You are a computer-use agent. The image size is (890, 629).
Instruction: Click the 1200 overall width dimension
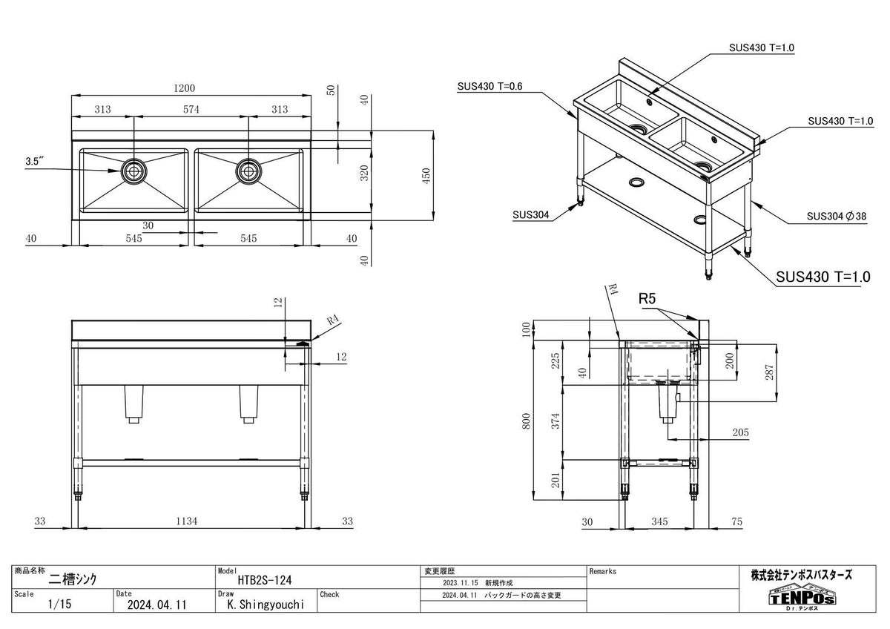tap(185, 88)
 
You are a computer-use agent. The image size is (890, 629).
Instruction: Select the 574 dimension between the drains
tap(191, 110)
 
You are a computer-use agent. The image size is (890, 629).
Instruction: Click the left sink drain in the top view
tap(133, 171)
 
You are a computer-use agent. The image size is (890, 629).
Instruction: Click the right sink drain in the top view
tap(248, 171)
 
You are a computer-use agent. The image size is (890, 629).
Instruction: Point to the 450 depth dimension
tap(426, 176)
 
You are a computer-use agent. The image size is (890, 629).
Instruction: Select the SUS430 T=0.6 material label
tap(489, 87)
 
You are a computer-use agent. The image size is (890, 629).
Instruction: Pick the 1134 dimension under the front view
tap(188, 521)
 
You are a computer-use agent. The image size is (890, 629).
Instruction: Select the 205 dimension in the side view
tap(739, 432)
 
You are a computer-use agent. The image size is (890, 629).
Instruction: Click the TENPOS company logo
tap(801, 597)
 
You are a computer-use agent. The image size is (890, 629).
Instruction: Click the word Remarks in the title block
tap(603, 572)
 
